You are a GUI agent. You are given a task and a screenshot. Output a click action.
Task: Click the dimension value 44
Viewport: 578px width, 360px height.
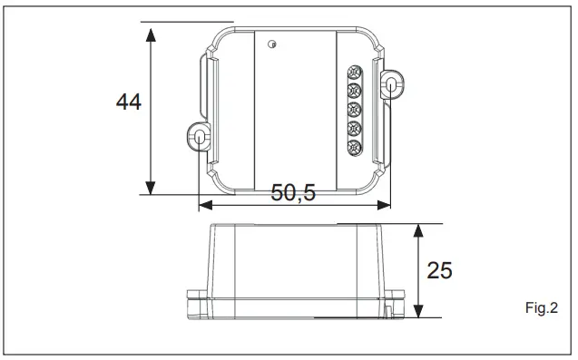click(x=128, y=102)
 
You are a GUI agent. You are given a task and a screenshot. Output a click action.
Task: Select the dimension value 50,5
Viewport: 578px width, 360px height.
click(x=294, y=192)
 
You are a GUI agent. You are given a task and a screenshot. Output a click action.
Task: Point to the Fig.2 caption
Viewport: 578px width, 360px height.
click(x=541, y=309)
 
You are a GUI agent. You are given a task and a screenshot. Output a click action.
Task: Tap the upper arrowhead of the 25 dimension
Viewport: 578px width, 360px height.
click(x=417, y=230)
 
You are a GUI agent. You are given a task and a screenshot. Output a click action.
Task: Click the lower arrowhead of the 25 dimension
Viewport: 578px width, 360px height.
click(x=417, y=310)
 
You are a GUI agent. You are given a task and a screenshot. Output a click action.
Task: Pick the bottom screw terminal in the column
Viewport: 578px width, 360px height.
click(x=355, y=146)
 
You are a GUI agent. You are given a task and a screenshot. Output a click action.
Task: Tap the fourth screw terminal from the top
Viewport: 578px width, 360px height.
click(x=355, y=128)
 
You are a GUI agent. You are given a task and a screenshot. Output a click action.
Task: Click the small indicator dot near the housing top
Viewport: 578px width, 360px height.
click(x=271, y=42)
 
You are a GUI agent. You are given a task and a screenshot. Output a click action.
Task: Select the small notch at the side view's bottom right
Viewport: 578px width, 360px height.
click(x=387, y=311)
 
